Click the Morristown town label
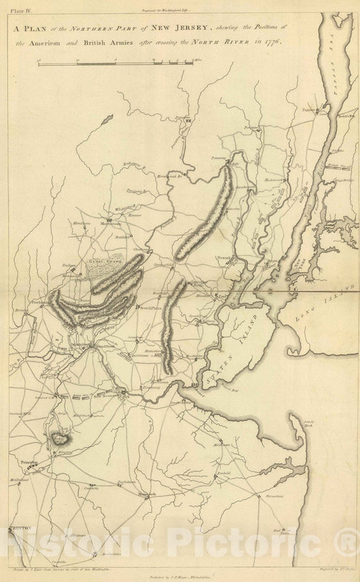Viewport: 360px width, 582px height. (110, 223)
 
